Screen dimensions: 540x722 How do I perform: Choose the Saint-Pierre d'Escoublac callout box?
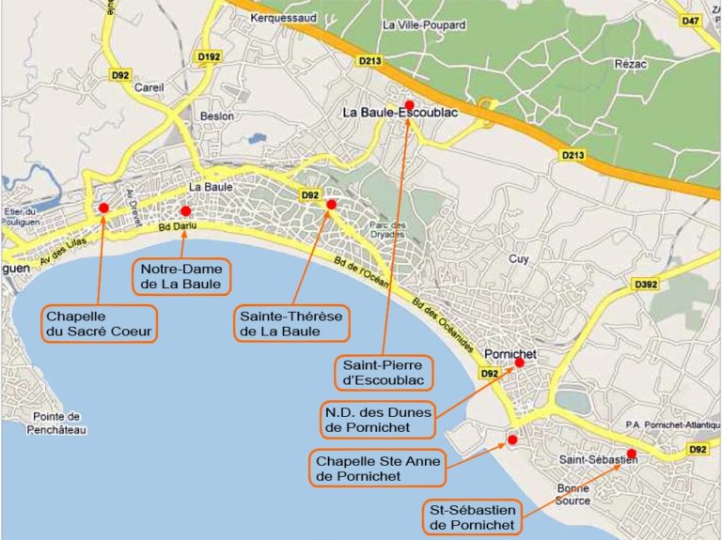point(384,372)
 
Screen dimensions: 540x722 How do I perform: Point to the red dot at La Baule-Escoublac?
point(408,104)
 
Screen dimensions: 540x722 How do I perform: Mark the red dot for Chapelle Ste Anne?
point(512,440)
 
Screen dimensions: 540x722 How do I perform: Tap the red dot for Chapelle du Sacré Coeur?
point(103,208)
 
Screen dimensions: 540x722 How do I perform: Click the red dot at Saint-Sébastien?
point(631,454)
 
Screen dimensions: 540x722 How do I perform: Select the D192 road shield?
point(208,57)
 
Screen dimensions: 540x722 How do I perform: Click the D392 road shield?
point(646,285)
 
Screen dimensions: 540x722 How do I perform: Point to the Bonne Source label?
point(573,494)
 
